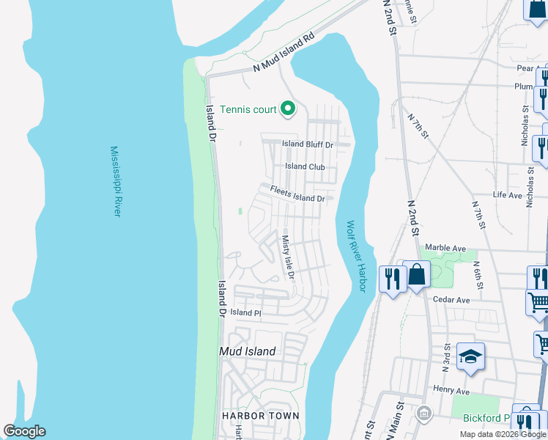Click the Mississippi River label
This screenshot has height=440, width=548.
(116, 180)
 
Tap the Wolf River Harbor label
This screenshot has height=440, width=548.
(356, 257)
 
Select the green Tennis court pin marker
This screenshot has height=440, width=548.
(288, 110)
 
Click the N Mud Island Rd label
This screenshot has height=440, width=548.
(284, 54)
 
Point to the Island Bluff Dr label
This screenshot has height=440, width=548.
(308, 144)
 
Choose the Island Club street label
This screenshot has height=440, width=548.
(305, 166)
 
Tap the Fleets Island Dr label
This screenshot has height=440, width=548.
(297, 194)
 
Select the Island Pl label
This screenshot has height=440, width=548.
(245, 312)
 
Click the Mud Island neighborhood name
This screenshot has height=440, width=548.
(248, 351)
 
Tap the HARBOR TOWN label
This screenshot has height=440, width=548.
(261, 416)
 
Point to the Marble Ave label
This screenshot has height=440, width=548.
(445, 248)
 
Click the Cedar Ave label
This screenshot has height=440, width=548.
(451, 300)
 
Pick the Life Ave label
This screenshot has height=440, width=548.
(507, 195)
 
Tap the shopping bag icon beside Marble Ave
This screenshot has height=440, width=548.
(416, 275)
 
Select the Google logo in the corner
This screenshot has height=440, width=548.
(24, 431)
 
